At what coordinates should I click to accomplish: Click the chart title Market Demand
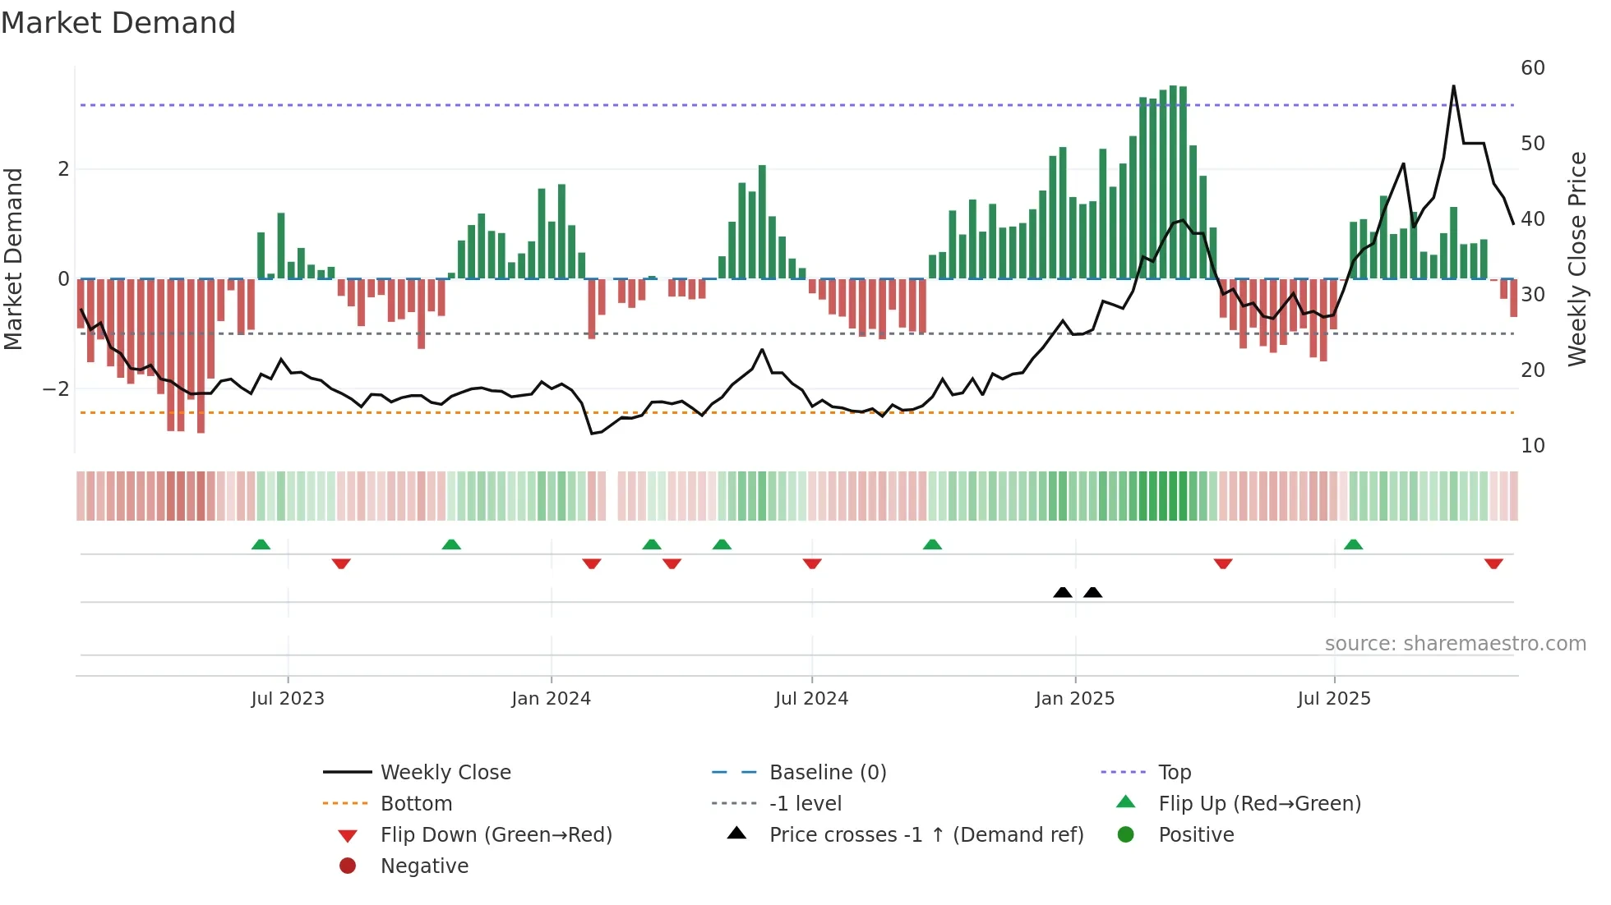pyautogui.click(x=118, y=23)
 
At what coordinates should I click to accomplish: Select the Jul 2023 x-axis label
pyautogui.click(x=288, y=699)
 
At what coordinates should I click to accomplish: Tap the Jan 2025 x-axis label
pyautogui.click(x=1074, y=699)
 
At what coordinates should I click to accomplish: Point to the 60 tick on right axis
pyautogui.click(x=1532, y=68)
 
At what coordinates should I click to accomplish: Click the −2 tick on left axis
pyautogui.click(x=57, y=389)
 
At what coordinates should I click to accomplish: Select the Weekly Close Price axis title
pyautogui.click(x=1576, y=259)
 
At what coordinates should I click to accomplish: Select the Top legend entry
pyautogui.click(x=1174, y=773)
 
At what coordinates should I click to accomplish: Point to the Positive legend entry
pyautogui.click(x=1195, y=835)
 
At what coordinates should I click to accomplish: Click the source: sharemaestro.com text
pyautogui.click(x=1455, y=644)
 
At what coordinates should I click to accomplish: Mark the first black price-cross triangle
pyautogui.click(x=1063, y=592)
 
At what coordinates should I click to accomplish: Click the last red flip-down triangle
pyautogui.click(x=1493, y=563)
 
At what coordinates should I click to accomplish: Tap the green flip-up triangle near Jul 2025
pyautogui.click(x=1353, y=544)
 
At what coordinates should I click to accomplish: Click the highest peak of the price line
pyautogui.click(x=1453, y=86)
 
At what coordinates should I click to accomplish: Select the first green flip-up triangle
pyautogui.click(x=261, y=544)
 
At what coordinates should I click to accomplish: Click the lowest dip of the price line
pyautogui.click(x=592, y=434)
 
